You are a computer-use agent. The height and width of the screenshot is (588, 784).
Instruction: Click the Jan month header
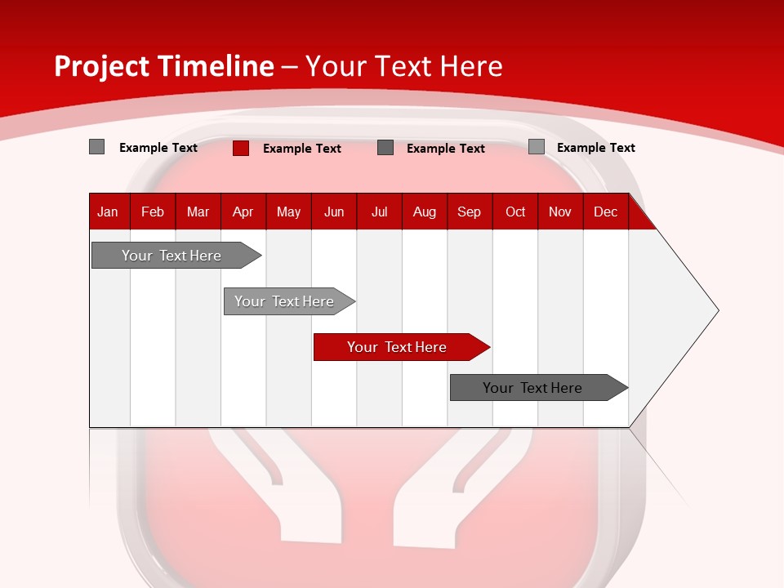click(109, 212)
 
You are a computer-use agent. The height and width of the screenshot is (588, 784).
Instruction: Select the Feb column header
click(153, 212)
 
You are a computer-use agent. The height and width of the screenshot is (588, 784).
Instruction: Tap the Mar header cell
click(198, 212)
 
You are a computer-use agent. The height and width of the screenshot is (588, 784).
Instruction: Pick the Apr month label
click(243, 212)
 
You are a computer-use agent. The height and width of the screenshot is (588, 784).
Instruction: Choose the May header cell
click(288, 212)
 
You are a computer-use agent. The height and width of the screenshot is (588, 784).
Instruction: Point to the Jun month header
click(334, 212)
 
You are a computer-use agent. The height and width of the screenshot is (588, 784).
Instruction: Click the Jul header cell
click(379, 212)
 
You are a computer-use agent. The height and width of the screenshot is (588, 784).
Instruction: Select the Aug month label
click(425, 212)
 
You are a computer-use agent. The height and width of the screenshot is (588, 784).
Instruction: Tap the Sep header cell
click(470, 212)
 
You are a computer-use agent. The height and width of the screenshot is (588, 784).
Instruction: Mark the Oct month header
click(515, 212)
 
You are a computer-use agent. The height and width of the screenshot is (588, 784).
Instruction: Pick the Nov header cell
click(560, 212)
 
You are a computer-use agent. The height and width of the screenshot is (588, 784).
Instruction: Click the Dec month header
click(606, 212)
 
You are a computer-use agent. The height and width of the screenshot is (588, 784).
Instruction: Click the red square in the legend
click(241, 148)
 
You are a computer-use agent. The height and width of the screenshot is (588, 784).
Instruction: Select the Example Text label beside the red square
click(302, 149)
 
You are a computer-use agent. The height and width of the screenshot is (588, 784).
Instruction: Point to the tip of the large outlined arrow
click(717, 310)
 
